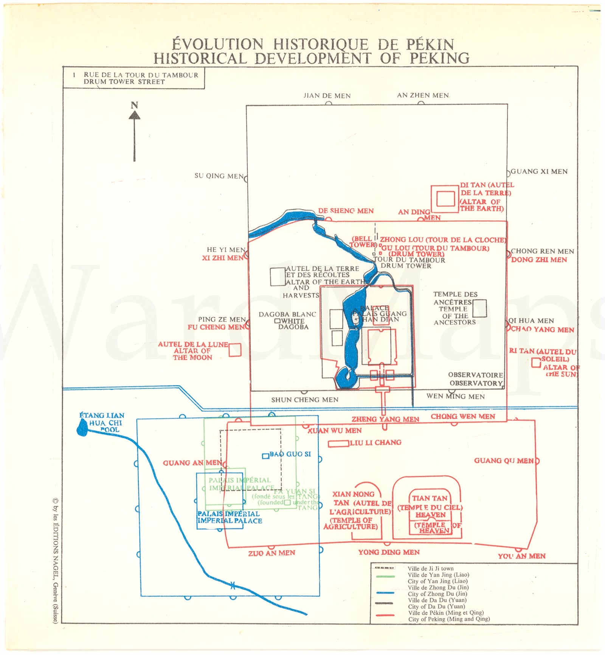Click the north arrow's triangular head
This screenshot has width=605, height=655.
click(134, 115)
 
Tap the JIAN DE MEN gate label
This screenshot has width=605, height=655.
click(327, 96)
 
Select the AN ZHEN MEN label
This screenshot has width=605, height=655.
click(423, 95)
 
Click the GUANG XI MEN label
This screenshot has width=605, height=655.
click(539, 171)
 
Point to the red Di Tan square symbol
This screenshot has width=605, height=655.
click(445, 199)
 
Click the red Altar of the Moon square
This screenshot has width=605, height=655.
click(235, 350)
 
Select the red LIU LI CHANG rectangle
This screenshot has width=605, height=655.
click(338, 443)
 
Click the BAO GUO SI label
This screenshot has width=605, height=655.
click(290, 454)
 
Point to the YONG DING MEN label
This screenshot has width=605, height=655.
click(389, 552)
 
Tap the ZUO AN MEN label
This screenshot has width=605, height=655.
click(271, 553)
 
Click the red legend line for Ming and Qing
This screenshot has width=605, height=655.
click(385, 615)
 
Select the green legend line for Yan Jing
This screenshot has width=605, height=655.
click(385, 576)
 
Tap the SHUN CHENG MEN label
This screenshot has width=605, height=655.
click(305, 400)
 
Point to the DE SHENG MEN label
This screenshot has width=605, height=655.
click(346, 211)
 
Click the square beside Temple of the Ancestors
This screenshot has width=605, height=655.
click(479, 308)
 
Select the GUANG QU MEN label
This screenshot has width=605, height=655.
click(504, 461)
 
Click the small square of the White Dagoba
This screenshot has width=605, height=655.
click(277, 321)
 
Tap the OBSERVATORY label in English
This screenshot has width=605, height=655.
click(476, 383)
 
